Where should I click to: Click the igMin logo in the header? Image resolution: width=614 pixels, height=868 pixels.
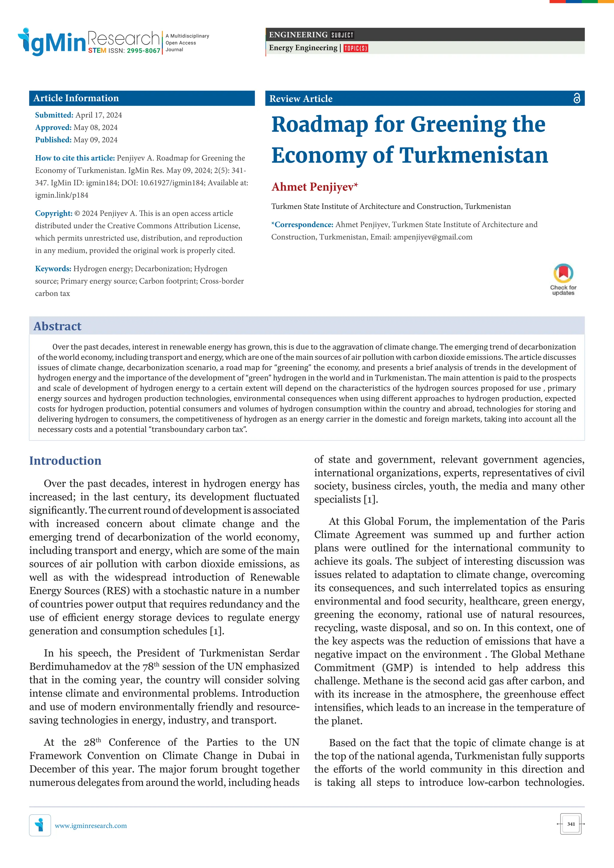pyautogui.click(x=52, y=42)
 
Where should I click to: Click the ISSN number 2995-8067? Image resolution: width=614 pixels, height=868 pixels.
pyautogui.click(x=143, y=51)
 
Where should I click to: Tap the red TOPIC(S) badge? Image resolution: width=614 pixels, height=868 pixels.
pyautogui.click(x=355, y=48)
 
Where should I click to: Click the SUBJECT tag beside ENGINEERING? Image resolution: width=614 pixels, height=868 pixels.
pyautogui.click(x=342, y=35)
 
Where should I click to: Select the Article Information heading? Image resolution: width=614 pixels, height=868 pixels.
pyautogui.click(x=76, y=98)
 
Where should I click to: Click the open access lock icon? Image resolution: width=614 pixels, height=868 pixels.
pyautogui.click(x=576, y=98)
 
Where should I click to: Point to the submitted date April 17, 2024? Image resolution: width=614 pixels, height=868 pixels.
pyautogui.click(x=98, y=115)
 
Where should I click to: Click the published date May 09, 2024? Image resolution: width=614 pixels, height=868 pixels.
pyautogui.click(x=95, y=140)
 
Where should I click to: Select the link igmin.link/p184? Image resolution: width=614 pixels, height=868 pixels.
pyautogui.click(x=62, y=195)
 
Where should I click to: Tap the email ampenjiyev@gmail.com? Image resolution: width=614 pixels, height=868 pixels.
pyautogui.click(x=432, y=237)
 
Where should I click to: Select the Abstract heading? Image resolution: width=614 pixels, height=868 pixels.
pyautogui.click(x=58, y=326)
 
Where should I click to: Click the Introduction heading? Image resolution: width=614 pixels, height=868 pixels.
pyautogui.click(x=65, y=461)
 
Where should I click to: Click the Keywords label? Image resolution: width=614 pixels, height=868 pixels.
pyautogui.click(x=53, y=269)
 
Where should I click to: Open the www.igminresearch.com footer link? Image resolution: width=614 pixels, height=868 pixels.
pyautogui.click(x=91, y=826)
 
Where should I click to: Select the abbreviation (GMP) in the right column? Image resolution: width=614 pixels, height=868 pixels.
pyautogui.click(x=397, y=667)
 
